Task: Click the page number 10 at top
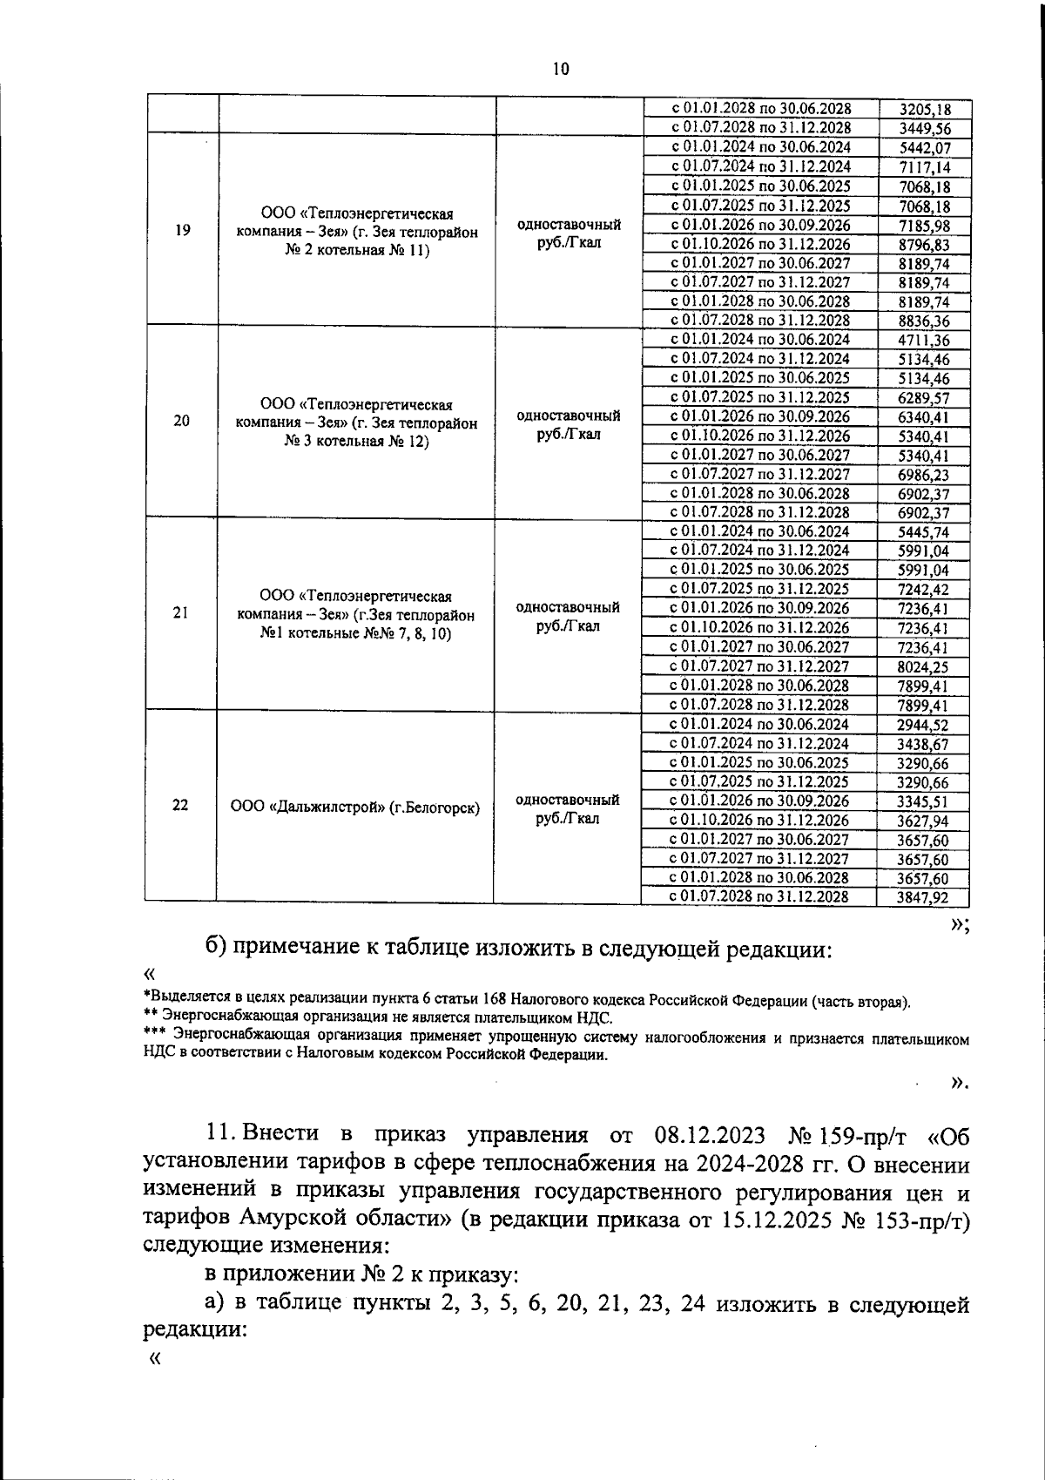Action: coord(561,70)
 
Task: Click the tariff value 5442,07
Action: coord(924,148)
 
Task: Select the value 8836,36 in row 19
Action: coord(924,321)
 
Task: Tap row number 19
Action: coord(183,231)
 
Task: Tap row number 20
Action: coord(182,421)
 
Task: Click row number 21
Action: coord(181,613)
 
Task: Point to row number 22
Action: coord(180,805)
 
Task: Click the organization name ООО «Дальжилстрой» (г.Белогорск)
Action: coord(355,808)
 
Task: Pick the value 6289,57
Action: coord(924,398)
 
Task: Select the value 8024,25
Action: coord(924,667)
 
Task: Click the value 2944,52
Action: coord(923,725)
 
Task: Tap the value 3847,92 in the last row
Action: coord(923,897)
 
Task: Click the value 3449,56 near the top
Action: coord(924,129)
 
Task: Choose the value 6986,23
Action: coord(924,475)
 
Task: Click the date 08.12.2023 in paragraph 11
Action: coord(708,1136)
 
